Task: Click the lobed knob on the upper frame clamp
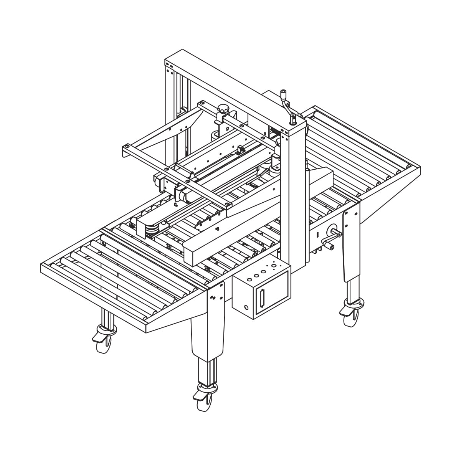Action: point(223,110)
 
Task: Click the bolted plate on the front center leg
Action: point(216,296)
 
